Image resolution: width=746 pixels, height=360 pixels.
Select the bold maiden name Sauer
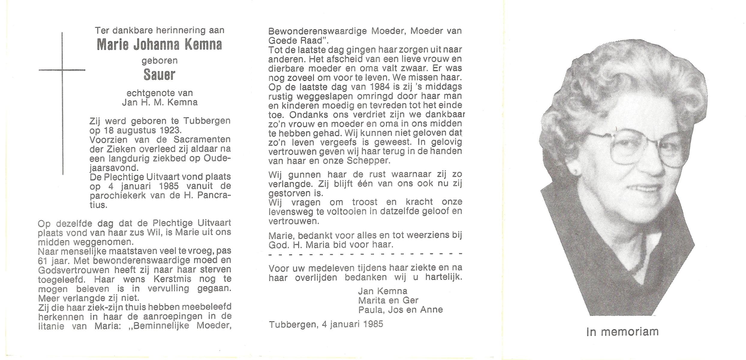[159, 75]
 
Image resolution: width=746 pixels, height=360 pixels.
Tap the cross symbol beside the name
[62, 70]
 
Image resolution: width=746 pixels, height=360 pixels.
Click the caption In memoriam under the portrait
[622, 332]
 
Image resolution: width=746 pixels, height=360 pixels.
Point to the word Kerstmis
[172, 279]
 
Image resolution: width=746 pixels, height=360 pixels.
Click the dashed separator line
[365, 254]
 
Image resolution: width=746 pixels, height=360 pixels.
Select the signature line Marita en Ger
[388, 300]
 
